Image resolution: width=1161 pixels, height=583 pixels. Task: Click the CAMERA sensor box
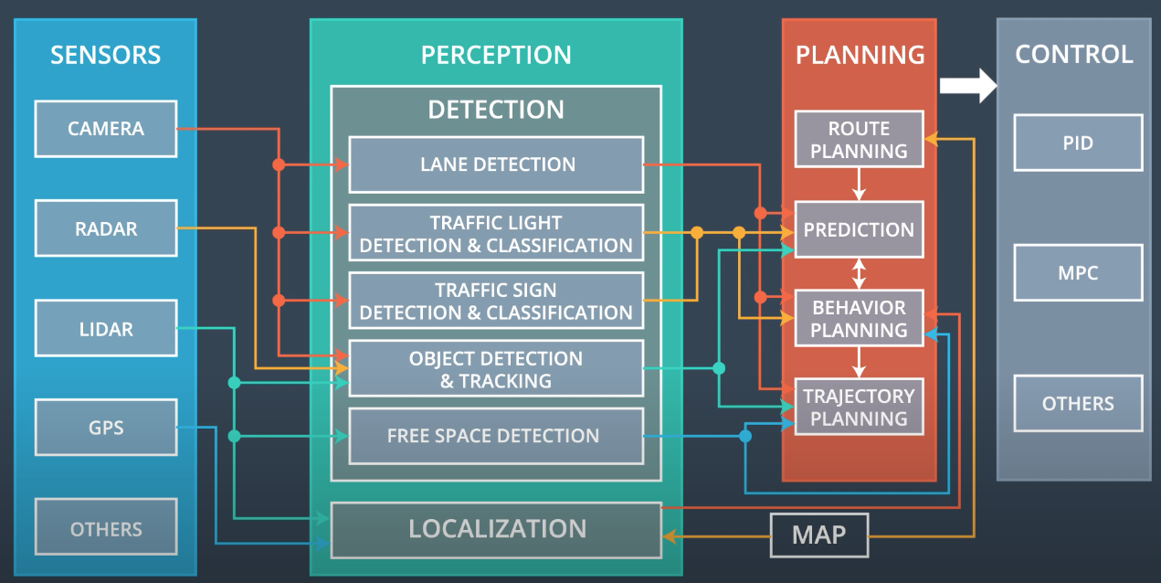pos(105,129)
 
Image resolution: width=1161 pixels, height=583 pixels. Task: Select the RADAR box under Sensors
pos(105,228)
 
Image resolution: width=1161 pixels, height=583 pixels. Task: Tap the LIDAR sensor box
pos(105,329)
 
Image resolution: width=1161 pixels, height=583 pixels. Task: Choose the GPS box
pos(105,428)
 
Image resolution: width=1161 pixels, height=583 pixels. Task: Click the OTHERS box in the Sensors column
pos(105,527)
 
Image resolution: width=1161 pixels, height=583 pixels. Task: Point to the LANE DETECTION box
pos(496,165)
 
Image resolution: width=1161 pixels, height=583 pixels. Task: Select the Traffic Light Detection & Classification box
pos(496,234)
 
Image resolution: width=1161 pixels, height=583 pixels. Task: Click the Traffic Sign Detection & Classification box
pos(496,301)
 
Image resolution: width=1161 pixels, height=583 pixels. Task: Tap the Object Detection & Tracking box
pos(496,369)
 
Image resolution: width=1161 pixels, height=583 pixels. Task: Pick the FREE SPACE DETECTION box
pos(496,436)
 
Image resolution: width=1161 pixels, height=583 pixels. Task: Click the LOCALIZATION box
pos(496,529)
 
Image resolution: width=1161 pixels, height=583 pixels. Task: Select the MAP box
pos(818,535)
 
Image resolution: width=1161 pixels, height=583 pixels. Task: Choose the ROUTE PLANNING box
pos(859,140)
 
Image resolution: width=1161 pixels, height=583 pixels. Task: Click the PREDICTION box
pos(859,229)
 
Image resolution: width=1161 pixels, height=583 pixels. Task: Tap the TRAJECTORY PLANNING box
pos(859,408)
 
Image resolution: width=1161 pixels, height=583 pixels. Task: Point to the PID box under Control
pos(1078,143)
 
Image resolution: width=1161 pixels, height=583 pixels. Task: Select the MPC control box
pos(1078,272)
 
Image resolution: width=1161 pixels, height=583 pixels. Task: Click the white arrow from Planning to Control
pos(968,85)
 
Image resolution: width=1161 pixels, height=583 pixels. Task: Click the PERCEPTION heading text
pos(496,55)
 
